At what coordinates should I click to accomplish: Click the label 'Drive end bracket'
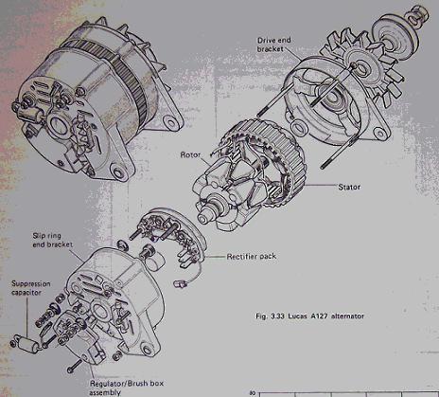[274, 45]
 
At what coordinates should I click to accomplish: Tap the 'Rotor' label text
[190, 154]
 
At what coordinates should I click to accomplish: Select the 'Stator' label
[349, 187]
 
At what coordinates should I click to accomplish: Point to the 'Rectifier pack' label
[252, 257]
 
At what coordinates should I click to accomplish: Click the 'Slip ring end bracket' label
[53, 240]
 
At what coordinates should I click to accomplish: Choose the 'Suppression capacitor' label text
[31, 288]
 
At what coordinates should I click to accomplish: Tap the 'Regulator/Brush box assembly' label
[127, 388]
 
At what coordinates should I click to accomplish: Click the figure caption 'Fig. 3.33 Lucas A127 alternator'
[309, 316]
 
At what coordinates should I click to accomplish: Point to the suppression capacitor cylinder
[28, 343]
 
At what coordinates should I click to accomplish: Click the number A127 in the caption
[318, 316]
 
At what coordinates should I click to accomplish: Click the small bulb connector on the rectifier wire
[181, 283]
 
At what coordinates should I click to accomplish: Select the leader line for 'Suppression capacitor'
[27, 316]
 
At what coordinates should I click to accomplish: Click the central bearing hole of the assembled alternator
[59, 125]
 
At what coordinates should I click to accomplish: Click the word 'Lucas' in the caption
[298, 316]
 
